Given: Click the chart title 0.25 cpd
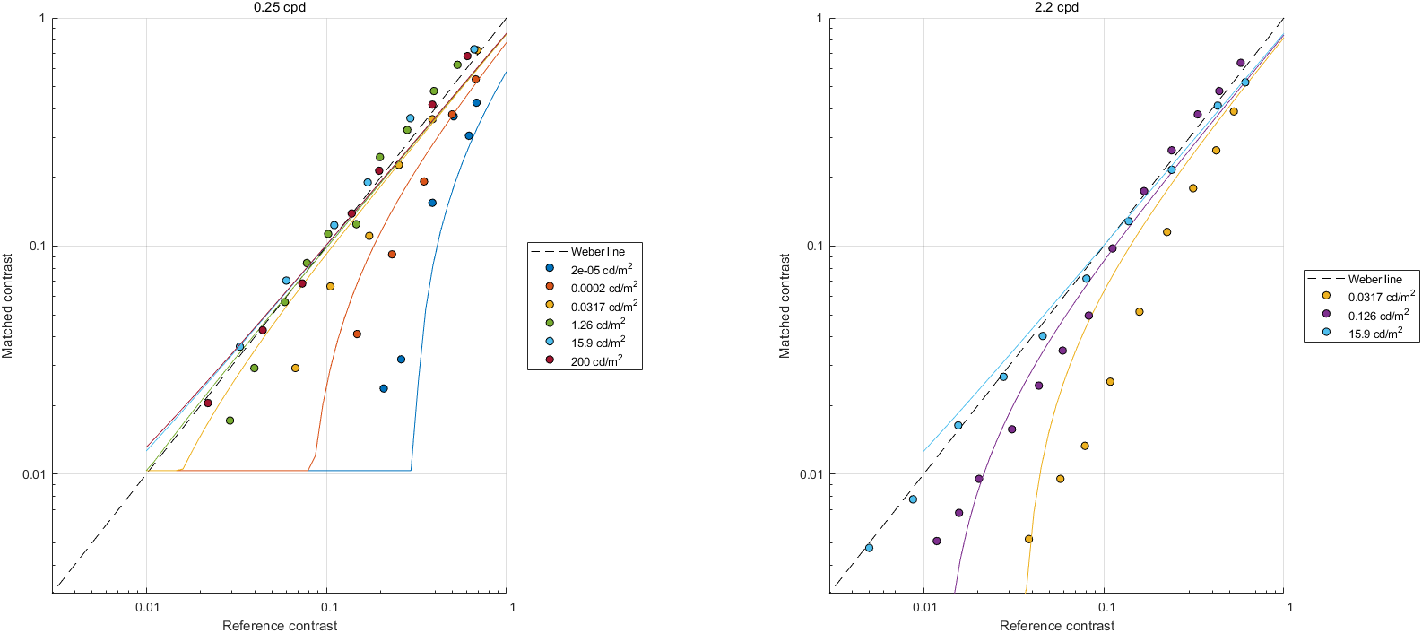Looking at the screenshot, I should (x=280, y=7).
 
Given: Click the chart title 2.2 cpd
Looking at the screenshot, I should (x=1057, y=7).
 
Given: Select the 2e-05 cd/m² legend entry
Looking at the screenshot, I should (x=601, y=269).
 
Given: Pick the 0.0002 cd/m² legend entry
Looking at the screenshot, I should (x=603, y=288).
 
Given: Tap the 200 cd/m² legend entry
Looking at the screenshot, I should (x=596, y=361).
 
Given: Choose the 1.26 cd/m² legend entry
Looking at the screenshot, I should (x=598, y=325).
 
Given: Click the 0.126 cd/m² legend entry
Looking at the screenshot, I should (x=1378, y=315).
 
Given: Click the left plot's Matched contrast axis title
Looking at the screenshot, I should (x=8, y=306).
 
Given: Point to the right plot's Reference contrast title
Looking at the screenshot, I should (x=1057, y=626).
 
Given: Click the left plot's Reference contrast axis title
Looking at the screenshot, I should (x=280, y=626).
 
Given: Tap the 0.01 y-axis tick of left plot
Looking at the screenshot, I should (x=33, y=474).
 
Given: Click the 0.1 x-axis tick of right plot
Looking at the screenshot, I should (x=1106, y=607).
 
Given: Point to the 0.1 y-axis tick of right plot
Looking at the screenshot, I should (x=811, y=247).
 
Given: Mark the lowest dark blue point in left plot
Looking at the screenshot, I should (x=384, y=388).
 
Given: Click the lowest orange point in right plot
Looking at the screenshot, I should (x=1028, y=539).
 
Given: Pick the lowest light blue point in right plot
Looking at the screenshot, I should (x=869, y=548).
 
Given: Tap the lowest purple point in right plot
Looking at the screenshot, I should (x=937, y=541).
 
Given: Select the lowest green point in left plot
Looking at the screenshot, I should (x=230, y=421).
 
